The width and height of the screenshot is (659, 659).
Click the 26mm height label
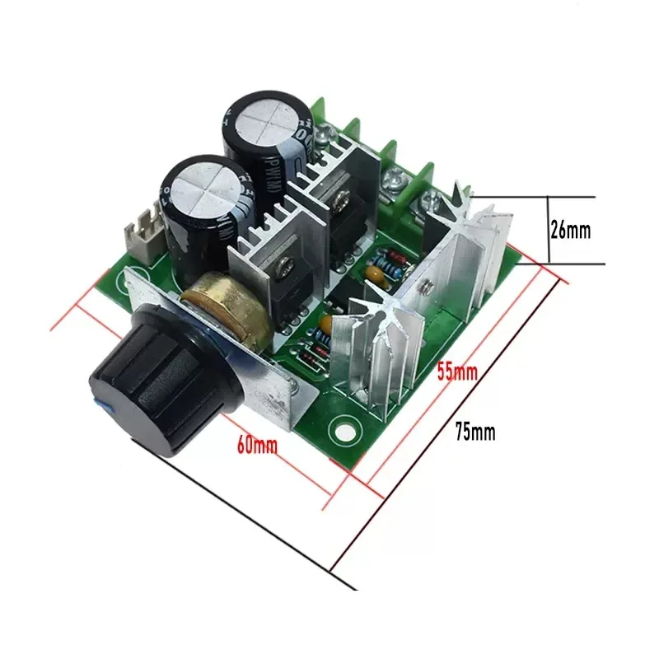[570, 231]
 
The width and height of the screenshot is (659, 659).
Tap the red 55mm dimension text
[457, 372]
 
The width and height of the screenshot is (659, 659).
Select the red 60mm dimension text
[257, 446]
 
